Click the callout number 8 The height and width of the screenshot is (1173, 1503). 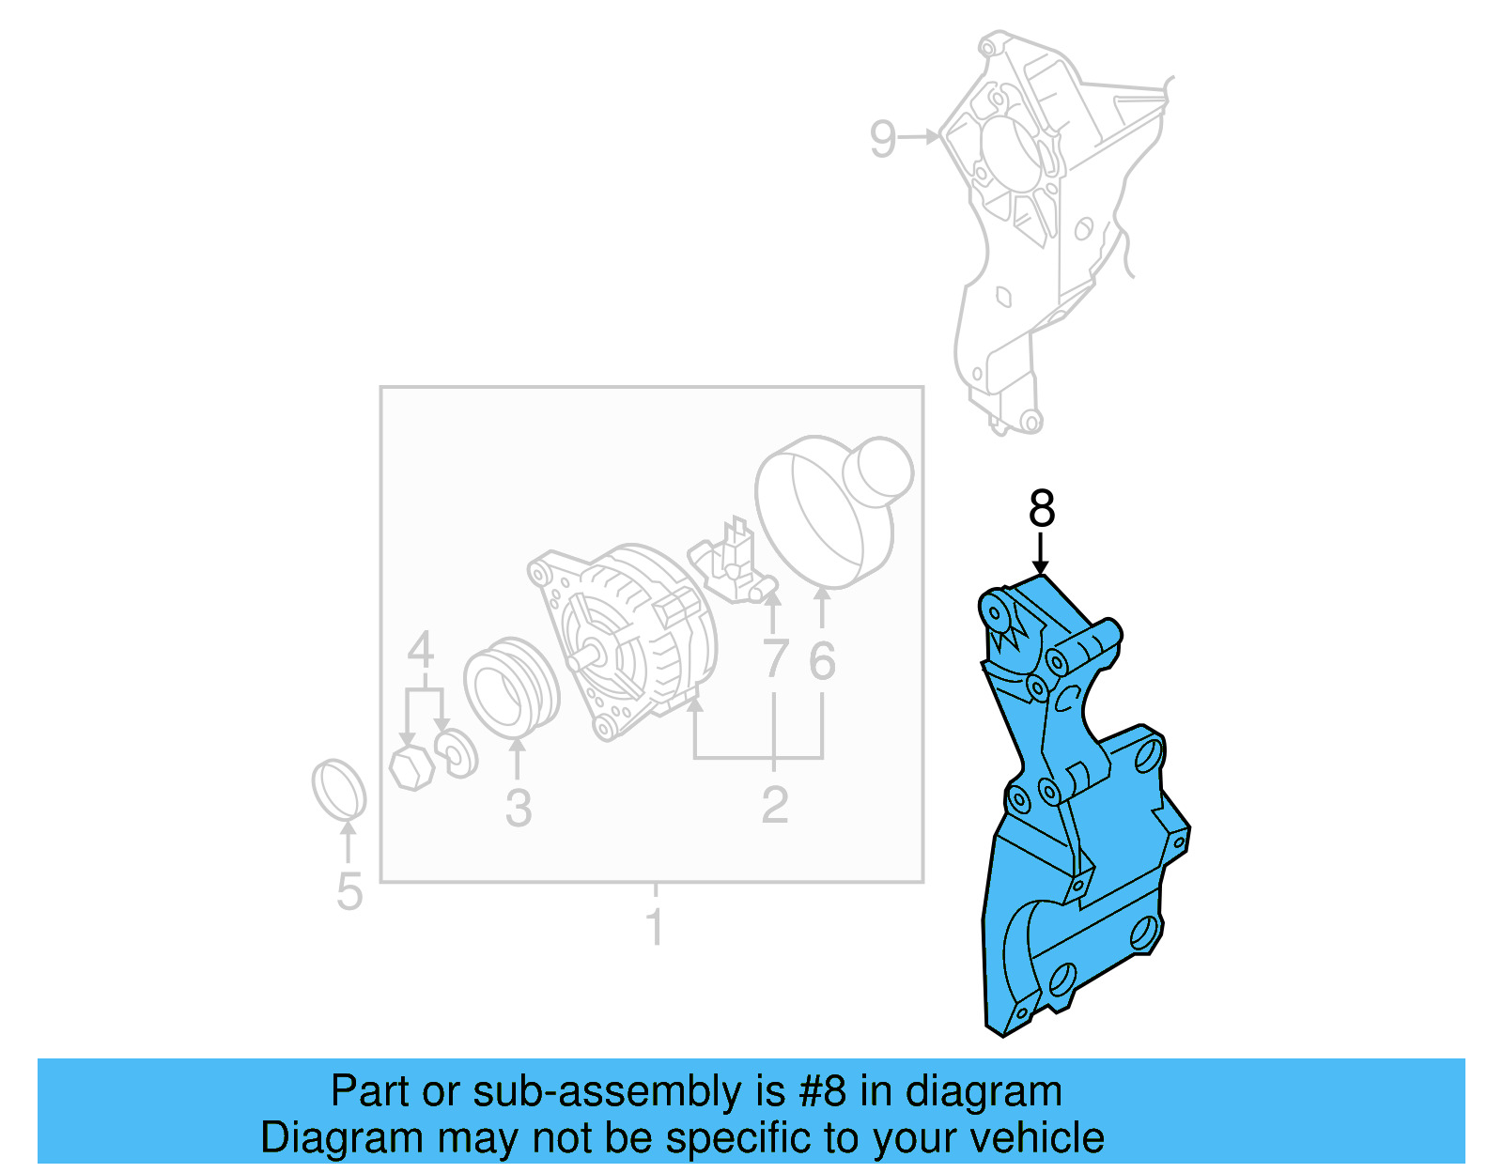1042,509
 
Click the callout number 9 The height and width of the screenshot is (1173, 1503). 883,139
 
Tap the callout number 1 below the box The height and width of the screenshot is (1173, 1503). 655,928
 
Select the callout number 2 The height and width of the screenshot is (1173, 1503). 774,805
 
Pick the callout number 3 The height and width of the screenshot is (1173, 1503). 518,808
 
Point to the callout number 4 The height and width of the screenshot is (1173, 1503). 420,650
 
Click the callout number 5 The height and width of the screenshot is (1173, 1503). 349,891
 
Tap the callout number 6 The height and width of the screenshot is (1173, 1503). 822,661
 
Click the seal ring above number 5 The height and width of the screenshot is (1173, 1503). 338,789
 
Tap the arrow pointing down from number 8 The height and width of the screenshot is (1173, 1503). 1040,554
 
